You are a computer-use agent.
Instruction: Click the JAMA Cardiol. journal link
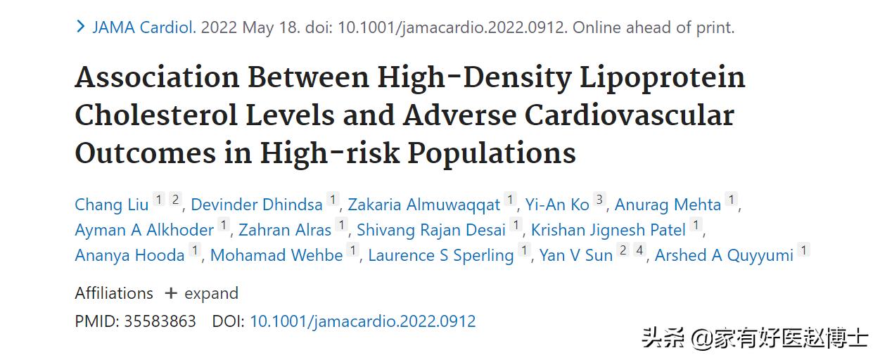click(x=144, y=28)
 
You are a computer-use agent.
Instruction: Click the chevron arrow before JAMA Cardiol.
click(x=81, y=27)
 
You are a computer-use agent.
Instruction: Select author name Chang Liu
click(x=112, y=205)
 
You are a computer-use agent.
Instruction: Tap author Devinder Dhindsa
click(x=257, y=205)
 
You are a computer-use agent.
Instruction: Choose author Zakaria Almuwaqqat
click(x=424, y=205)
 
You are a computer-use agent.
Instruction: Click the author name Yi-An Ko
click(x=557, y=205)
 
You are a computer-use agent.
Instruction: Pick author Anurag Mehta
click(x=668, y=205)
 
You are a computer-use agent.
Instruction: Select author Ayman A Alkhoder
click(x=144, y=230)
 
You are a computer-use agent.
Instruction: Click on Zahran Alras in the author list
click(x=285, y=230)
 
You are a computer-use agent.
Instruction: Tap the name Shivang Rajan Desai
click(x=431, y=230)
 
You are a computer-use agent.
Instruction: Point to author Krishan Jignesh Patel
click(x=608, y=230)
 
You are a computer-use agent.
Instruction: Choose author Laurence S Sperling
click(x=441, y=255)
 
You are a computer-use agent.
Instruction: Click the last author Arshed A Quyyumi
click(x=724, y=255)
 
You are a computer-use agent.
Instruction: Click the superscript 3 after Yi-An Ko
click(x=599, y=200)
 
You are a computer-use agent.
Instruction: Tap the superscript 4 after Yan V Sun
click(x=639, y=250)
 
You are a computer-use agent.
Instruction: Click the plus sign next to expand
click(x=171, y=293)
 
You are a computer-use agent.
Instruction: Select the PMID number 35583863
click(x=160, y=321)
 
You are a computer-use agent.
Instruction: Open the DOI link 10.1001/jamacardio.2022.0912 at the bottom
click(x=363, y=321)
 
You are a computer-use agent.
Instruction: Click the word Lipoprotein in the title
click(x=663, y=77)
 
